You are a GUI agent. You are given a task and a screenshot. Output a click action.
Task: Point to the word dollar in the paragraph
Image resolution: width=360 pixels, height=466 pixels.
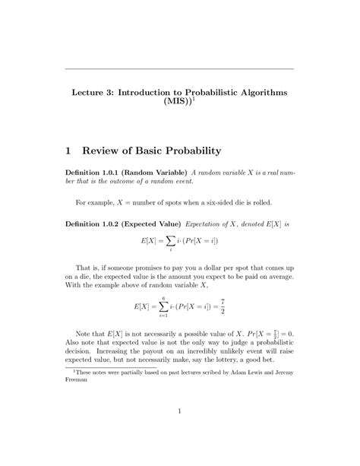click(x=209, y=270)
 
